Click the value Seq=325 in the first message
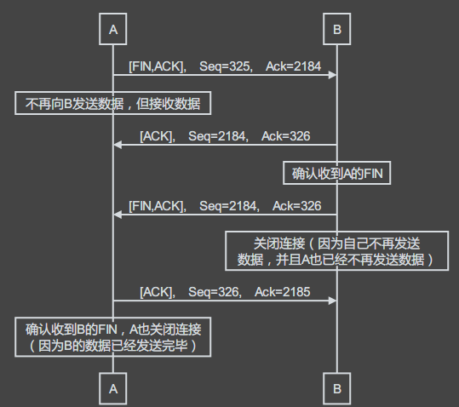tap(226, 66)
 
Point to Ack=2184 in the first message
tap(293, 66)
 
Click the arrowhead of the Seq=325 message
tap(332, 75)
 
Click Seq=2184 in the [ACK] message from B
tap(218, 136)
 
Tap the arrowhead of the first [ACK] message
tap(118, 145)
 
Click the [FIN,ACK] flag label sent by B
tap(158, 206)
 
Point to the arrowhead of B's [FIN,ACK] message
tap(118, 215)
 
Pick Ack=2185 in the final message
tap(282, 292)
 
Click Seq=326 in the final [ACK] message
tap(215, 292)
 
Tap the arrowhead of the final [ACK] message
tap(332, 301)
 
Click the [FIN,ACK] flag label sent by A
tap(158, 66)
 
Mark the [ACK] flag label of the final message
tap(158, 292)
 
